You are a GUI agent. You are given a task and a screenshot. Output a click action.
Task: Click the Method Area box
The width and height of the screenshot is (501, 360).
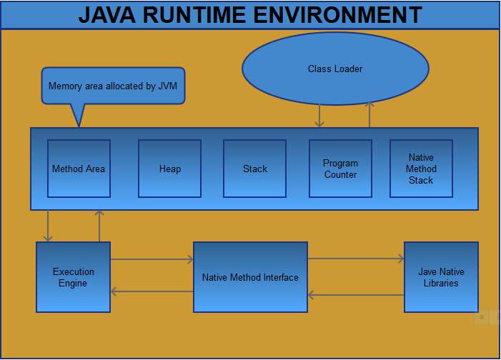79,169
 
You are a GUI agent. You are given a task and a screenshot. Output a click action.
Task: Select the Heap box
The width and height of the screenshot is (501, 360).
169,169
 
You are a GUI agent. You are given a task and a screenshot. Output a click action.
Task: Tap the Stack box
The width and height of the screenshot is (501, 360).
254,169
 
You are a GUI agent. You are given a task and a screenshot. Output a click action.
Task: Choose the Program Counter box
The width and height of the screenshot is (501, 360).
340,169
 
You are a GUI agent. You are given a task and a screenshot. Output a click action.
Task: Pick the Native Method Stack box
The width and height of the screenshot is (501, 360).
421,169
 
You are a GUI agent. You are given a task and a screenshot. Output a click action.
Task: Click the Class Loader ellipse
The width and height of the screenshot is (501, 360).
335,69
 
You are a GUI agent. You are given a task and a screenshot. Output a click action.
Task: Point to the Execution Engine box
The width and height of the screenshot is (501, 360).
73,277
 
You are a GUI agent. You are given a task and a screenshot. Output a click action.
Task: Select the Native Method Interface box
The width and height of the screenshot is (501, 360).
250,277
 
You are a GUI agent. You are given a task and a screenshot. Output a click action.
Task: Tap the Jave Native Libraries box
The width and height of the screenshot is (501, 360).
441,277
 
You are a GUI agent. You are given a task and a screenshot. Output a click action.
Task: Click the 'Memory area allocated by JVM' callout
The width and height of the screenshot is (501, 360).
113,86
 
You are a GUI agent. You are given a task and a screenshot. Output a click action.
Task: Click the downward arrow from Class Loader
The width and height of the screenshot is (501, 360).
319,116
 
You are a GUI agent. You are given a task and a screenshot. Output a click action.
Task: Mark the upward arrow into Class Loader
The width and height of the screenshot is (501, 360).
369,114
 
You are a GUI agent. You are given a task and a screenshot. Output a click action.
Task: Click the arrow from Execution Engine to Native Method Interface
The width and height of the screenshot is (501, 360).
152,260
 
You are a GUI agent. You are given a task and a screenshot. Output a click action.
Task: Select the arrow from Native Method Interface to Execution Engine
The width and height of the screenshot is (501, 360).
152,291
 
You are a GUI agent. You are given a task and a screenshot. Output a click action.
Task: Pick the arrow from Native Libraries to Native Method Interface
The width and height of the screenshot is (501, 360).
355,294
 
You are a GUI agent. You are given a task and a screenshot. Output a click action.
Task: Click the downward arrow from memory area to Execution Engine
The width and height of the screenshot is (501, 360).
48,226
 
